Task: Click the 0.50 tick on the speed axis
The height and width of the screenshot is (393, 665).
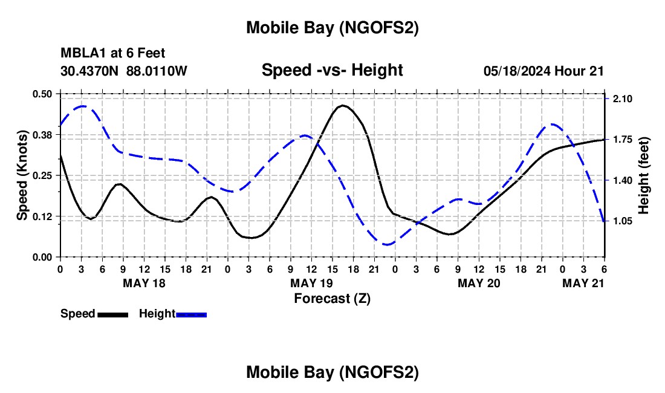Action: click(x=42, y=94)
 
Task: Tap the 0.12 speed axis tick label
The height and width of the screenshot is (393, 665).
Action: click(x=42, y=216)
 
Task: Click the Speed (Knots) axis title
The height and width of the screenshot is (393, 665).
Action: click(x=22, y=175)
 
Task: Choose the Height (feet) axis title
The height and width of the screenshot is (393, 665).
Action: click(x=643, y=175)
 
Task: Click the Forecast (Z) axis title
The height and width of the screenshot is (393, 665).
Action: click(x=332, y=298)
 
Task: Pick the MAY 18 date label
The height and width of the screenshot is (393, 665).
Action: click(x=144, y=283)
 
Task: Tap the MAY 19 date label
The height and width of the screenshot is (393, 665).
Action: click(x=312, y=283)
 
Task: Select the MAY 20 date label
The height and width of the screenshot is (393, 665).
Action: click(x=479, y=283)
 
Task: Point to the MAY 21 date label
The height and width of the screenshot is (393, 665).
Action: click(x=583, y=283)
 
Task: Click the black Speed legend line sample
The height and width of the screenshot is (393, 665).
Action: click(x=112, y=314)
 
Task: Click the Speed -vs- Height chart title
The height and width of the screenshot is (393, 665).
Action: click(x=332, y=70)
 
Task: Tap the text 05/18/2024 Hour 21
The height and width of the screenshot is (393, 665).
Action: click(x=543, y=71)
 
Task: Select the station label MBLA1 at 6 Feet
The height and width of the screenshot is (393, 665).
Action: click(x=112, y=54)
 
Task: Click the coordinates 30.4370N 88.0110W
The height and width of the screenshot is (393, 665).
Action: click(x=124, y=71)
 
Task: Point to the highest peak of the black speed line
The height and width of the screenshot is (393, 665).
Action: click(x=343, y=105)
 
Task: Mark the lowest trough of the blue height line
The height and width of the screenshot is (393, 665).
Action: click(x=388, y=244)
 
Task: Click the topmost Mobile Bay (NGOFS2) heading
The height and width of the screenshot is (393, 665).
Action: click(x=332, y=28)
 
